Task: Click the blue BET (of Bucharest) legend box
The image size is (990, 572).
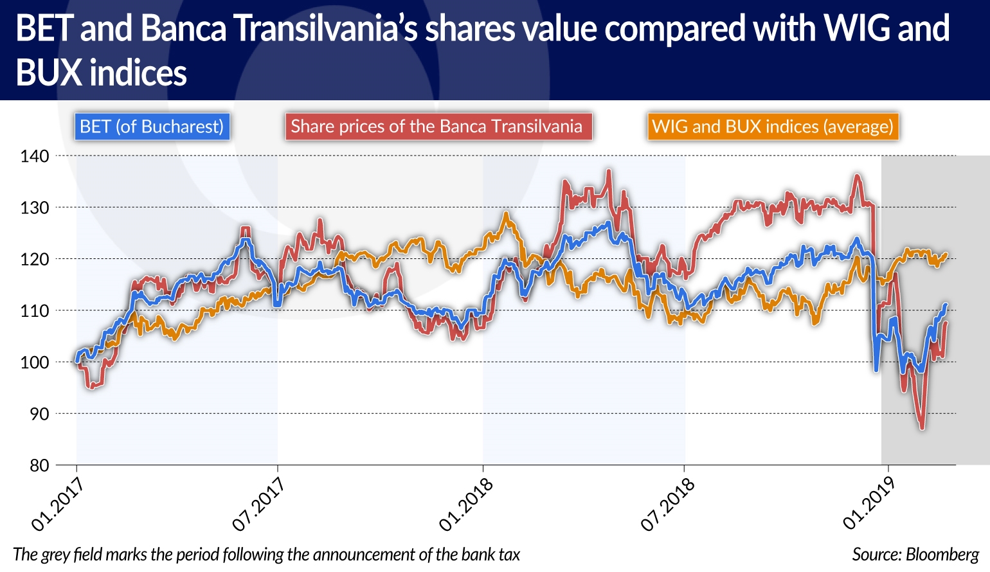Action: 152,127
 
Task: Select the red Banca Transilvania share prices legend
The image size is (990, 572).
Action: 437,127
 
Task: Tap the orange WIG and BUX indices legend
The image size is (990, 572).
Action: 773,127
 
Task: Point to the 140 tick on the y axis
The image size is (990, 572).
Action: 34,156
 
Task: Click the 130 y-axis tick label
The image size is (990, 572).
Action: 34,208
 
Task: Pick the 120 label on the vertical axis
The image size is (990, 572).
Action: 34,259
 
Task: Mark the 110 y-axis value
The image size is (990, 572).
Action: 34,311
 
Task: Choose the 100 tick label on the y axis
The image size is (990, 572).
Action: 34,362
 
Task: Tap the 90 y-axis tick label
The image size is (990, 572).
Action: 39,414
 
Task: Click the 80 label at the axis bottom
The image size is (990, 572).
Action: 39,465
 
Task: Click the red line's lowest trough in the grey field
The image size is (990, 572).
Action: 923,427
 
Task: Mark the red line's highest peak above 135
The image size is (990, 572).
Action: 608,171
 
